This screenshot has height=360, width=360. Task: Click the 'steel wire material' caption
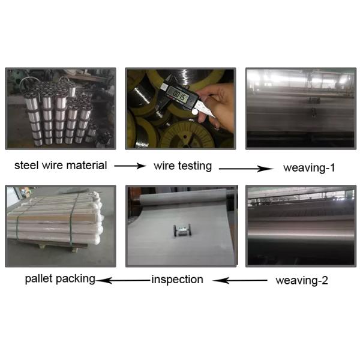[x=61, y=166]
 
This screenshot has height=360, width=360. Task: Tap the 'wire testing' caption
[x=182, y=166]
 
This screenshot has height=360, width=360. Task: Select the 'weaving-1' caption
[x=309, y=168]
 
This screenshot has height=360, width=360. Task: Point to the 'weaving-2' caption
[x=302, y=281]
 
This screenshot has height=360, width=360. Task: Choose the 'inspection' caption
[x=177, y=280]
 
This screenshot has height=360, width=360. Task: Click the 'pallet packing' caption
[x=60, y=279]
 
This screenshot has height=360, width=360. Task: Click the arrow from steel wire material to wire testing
[x=130, y=166]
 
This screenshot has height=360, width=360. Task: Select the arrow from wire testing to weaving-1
[x=246, y=169]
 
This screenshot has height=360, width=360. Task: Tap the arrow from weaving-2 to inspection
[x=239, y=280]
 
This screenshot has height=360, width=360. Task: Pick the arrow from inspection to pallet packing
[x=123, y=280]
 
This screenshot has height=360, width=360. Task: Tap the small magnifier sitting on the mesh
[x=182, y=230]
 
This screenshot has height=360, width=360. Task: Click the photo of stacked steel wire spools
[x=61, y=109]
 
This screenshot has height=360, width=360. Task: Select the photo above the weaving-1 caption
[x=301, y=109]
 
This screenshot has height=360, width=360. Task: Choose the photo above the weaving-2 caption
[x=301, y=226]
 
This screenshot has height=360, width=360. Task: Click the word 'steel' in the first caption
[x=26, y=166]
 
